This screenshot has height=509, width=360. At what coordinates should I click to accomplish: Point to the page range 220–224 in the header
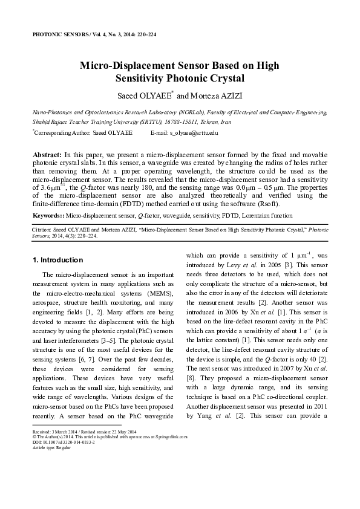(145, 35)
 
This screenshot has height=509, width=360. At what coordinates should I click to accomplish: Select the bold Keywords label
(48, 215)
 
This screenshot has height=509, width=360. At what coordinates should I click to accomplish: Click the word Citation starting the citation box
(41, 230)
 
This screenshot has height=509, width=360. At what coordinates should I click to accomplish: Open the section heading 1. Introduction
(57, 260)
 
